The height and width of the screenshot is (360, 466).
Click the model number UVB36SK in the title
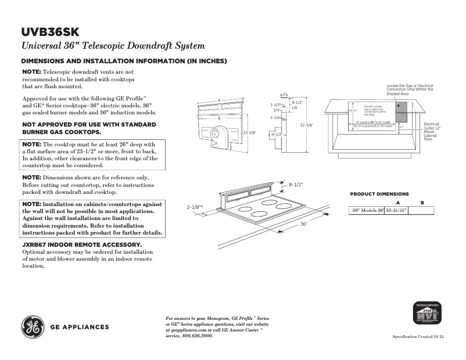(51, 31)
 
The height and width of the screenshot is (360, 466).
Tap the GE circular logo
(33, 326)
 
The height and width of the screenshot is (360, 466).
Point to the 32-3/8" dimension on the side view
(307, 125)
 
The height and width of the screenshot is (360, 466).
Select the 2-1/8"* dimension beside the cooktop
(194, 207)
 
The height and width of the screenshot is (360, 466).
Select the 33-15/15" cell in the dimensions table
(396, 211)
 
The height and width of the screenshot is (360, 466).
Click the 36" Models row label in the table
(367, 211)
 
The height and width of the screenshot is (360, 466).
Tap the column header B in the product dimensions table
(422, 202)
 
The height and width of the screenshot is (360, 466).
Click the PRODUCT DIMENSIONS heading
(379, 194)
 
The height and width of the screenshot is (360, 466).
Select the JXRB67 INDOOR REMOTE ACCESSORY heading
(81, 245)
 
